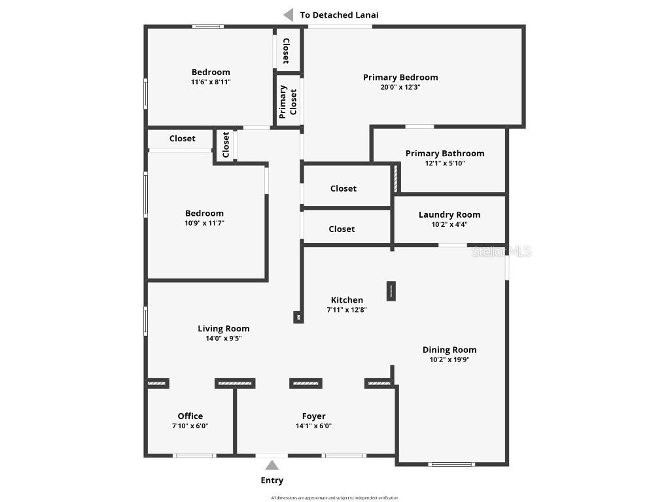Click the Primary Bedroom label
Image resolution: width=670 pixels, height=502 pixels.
400,77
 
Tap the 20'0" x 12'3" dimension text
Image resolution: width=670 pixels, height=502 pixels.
400,87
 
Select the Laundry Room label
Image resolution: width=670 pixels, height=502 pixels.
450,214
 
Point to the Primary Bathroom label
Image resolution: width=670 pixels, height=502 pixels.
445,154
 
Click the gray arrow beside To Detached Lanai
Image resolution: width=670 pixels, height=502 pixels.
288,14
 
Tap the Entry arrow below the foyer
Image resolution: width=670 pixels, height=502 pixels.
272,465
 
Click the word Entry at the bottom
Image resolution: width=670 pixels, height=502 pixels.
272,480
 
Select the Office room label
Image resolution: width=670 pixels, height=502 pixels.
190,416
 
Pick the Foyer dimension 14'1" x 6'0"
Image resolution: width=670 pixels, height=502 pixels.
314,426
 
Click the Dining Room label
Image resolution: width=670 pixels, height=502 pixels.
450,350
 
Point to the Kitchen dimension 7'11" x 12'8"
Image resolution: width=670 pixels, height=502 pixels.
347,310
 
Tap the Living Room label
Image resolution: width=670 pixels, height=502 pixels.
224,329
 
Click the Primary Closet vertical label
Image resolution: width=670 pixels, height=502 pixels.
288,101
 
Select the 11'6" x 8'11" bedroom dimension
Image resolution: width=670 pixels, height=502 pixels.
211,82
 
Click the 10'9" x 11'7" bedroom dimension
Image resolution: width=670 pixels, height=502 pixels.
204,223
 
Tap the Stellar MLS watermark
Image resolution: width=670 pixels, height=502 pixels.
502,251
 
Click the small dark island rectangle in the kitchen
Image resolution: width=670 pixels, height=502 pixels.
391,291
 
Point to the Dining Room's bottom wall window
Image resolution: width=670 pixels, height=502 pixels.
451,464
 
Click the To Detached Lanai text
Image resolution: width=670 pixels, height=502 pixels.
339,14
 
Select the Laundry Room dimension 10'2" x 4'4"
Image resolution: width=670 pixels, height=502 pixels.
450,224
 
